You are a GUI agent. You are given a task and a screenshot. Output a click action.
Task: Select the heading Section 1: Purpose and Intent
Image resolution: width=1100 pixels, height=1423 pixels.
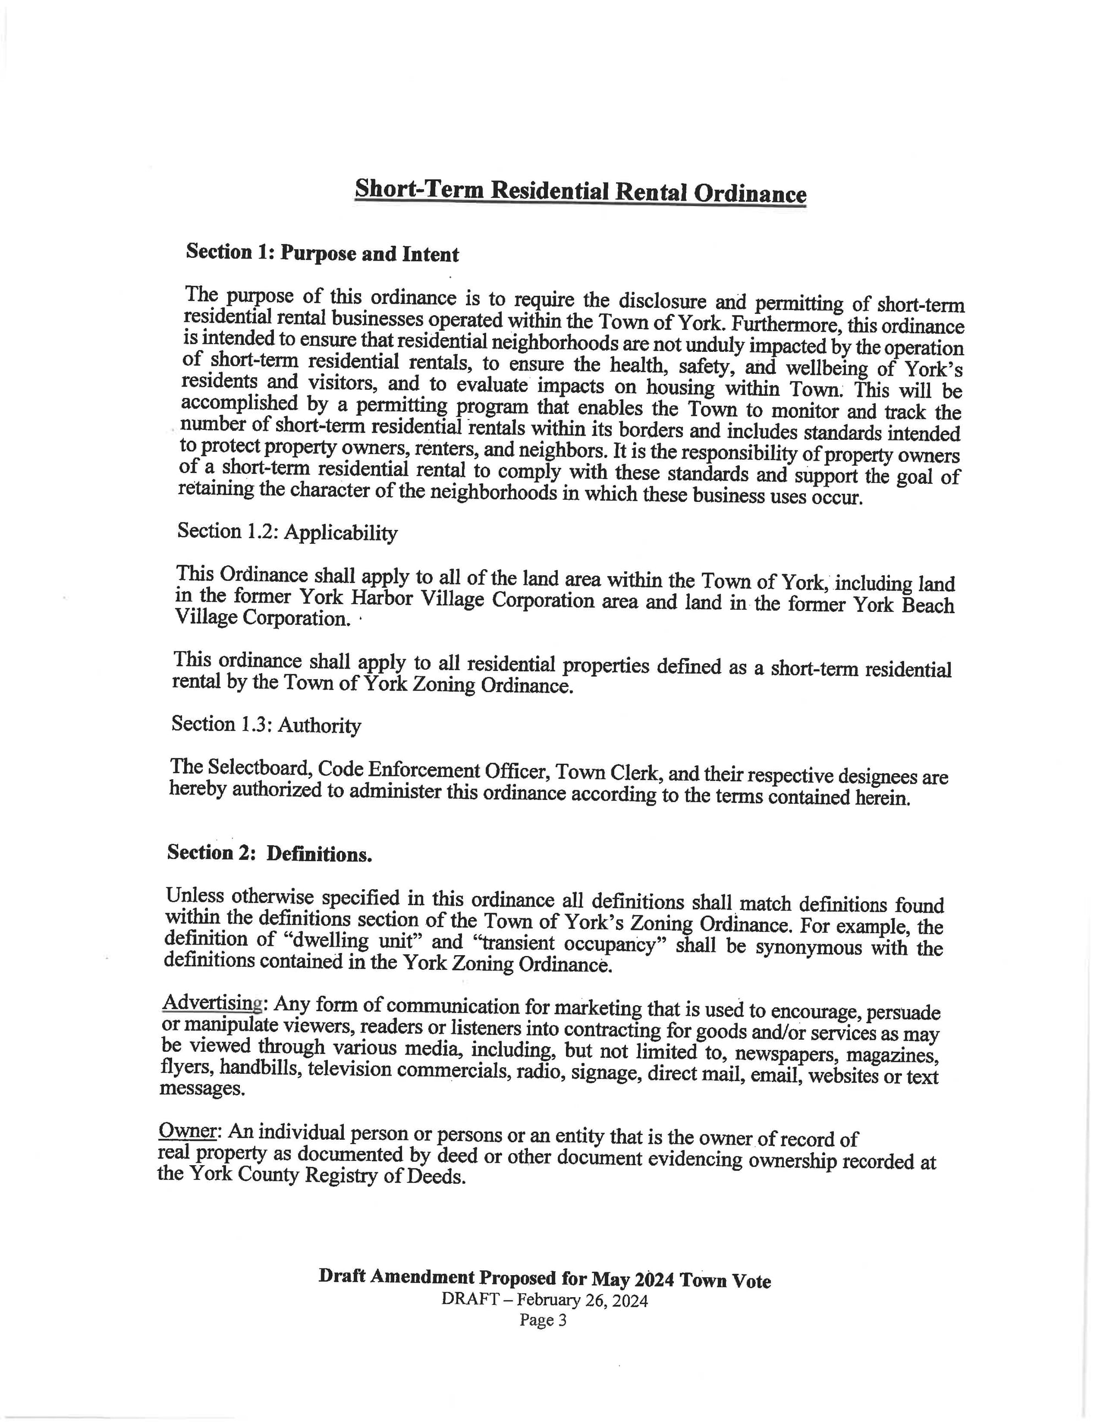click(x=322, y=253)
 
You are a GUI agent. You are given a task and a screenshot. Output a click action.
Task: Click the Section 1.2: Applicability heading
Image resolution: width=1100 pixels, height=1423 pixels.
click(x=287, y=532)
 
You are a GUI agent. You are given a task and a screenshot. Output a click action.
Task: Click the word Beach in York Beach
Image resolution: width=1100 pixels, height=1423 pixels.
click(x=927, y=605)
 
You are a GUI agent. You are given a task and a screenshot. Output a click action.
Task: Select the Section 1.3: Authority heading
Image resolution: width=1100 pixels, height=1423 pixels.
click(x=266, y=725)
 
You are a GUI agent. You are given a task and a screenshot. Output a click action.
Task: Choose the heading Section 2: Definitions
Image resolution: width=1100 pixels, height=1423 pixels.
click(x=269, y=853)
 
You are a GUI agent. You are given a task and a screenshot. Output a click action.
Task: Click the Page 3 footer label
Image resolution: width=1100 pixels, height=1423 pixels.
click(x=543, y=1320)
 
